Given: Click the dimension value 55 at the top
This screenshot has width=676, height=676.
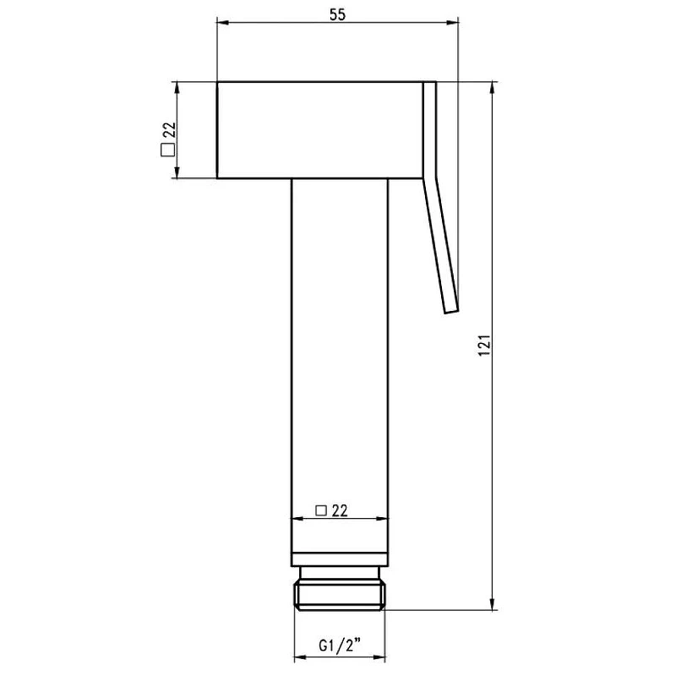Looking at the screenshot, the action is [x=337, y=14].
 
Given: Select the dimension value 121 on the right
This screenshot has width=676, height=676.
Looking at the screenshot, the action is [x=484, y=345].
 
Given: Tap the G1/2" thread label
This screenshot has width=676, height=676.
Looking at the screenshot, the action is [x=340, y=646].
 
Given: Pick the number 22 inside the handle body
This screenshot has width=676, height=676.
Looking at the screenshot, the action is [x=340, y=510].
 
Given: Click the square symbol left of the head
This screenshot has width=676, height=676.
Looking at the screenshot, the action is [x=167, y=150].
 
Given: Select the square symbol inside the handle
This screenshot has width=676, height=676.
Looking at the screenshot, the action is [x=321, y=510].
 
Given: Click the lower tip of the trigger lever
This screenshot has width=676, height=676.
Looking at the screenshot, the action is [x=452, y=311].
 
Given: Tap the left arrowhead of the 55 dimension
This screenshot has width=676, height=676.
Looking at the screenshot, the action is [x=222, y=23].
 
